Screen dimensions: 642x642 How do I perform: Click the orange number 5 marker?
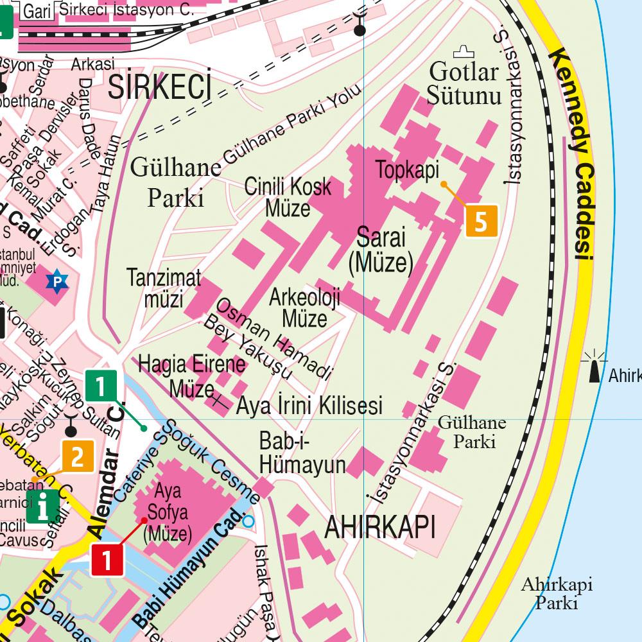[481, 221]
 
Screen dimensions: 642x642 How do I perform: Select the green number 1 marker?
[101, 387]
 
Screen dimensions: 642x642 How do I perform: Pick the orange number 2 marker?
[78, 456]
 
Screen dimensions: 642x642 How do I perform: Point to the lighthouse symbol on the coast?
[594, 367]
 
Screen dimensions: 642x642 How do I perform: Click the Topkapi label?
[407, 171]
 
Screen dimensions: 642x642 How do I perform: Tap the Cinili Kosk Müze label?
[288, 197]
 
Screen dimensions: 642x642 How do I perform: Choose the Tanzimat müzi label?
[164, 288]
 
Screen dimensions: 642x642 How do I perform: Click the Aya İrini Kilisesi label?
[309, 406]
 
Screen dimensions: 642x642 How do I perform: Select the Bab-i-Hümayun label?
[302, 453]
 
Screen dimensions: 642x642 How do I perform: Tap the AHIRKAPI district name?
[380, 527]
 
